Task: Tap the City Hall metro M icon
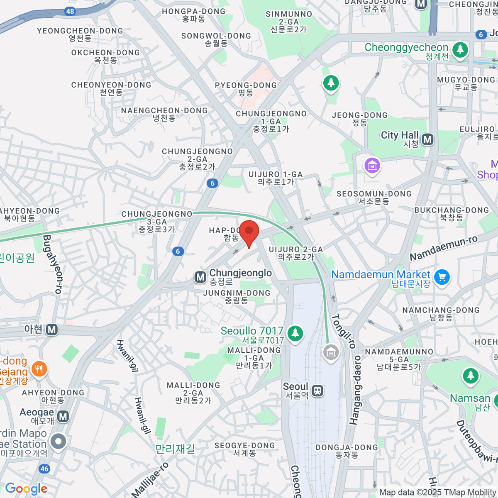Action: [427, 139]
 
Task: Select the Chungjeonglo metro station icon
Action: [200, 277]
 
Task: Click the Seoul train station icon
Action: [318, 391]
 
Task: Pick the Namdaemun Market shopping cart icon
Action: [442, 277]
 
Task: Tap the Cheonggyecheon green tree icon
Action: [460, 50]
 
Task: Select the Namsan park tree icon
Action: [470, 376]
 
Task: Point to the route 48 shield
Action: [70, 11]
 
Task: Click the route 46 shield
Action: [44, 469]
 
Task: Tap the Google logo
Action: [27, 489]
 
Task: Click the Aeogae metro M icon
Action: [63, 416]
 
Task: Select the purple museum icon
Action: [372, 166]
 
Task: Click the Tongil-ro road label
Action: [344, 331]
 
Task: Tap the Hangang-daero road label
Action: [355, 390]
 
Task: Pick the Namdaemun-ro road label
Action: [443, 248]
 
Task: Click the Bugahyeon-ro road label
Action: [52, 264]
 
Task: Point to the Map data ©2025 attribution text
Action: [438, 493]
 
